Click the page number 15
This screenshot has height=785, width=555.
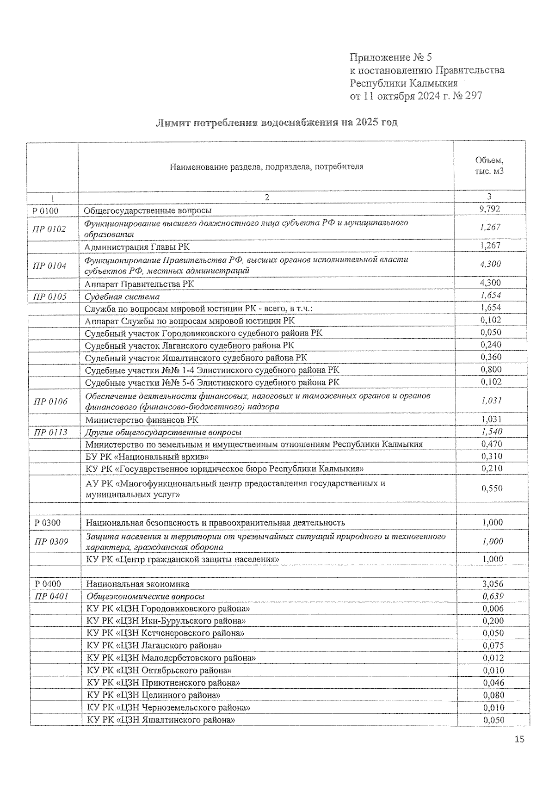pyautogui.click(x=519, y=740)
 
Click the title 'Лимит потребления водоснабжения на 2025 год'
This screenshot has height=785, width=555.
pyautogui.click(x=277, y=123)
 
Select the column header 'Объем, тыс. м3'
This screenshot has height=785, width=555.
pyautogui.click(x=489, y=166)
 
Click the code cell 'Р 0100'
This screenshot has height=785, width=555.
pyautogui.click(x=45, y=210)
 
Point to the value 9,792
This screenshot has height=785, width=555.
pyautogui.click(x=490, y=209)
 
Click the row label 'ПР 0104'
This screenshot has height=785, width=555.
pyautogui.click(x=49, y=266)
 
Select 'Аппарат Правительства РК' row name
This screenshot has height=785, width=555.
pyautogui.click(x=139, y=284)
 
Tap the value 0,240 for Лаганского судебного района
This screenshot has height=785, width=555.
pyautogui.click(x=491, y=345)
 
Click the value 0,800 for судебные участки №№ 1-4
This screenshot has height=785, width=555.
pyautogui.click(x=491, y=369)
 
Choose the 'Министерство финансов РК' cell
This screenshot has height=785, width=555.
pyautogui.click(x=142, y=420)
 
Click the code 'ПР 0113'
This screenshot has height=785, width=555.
pyautogui.click(x=50, y=432)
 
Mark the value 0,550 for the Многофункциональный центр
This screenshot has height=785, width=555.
pyautogui.click(x=491, y=488)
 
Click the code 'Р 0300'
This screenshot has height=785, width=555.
pyautogui.click(x=47, y=523)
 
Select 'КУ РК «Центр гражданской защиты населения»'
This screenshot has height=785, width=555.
pyautogui.click(x=183, y=559)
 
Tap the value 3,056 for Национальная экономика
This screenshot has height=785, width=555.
pyautogui.click(x=492, y=584)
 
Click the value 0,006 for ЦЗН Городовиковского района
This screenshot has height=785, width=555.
pyautogui.click(x=493, y=609)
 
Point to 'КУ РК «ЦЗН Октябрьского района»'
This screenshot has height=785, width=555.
pyautogui.click(x=159, y=670)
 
